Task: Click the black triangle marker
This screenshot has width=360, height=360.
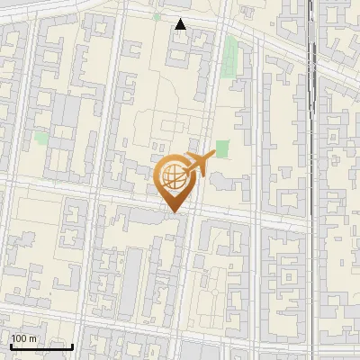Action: coord(181,24)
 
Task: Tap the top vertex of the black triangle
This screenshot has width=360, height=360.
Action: coord(181,19)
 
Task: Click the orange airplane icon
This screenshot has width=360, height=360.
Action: coord(200,164)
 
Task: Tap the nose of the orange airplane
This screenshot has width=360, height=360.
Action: coord(213,154)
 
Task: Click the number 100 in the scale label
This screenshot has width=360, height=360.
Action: coord(20,338)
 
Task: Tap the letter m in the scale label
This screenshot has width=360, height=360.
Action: coord(33,338)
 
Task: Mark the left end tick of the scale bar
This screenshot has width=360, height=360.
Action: coord(11,346)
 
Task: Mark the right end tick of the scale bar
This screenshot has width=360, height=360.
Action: coord(73,346)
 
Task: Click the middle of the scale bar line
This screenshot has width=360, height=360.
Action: coord(41,346)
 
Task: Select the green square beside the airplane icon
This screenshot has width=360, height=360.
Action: coord(222,148)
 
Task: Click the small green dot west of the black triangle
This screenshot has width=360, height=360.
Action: coord(157,16)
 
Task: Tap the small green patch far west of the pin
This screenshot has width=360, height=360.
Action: coord(41,139)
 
